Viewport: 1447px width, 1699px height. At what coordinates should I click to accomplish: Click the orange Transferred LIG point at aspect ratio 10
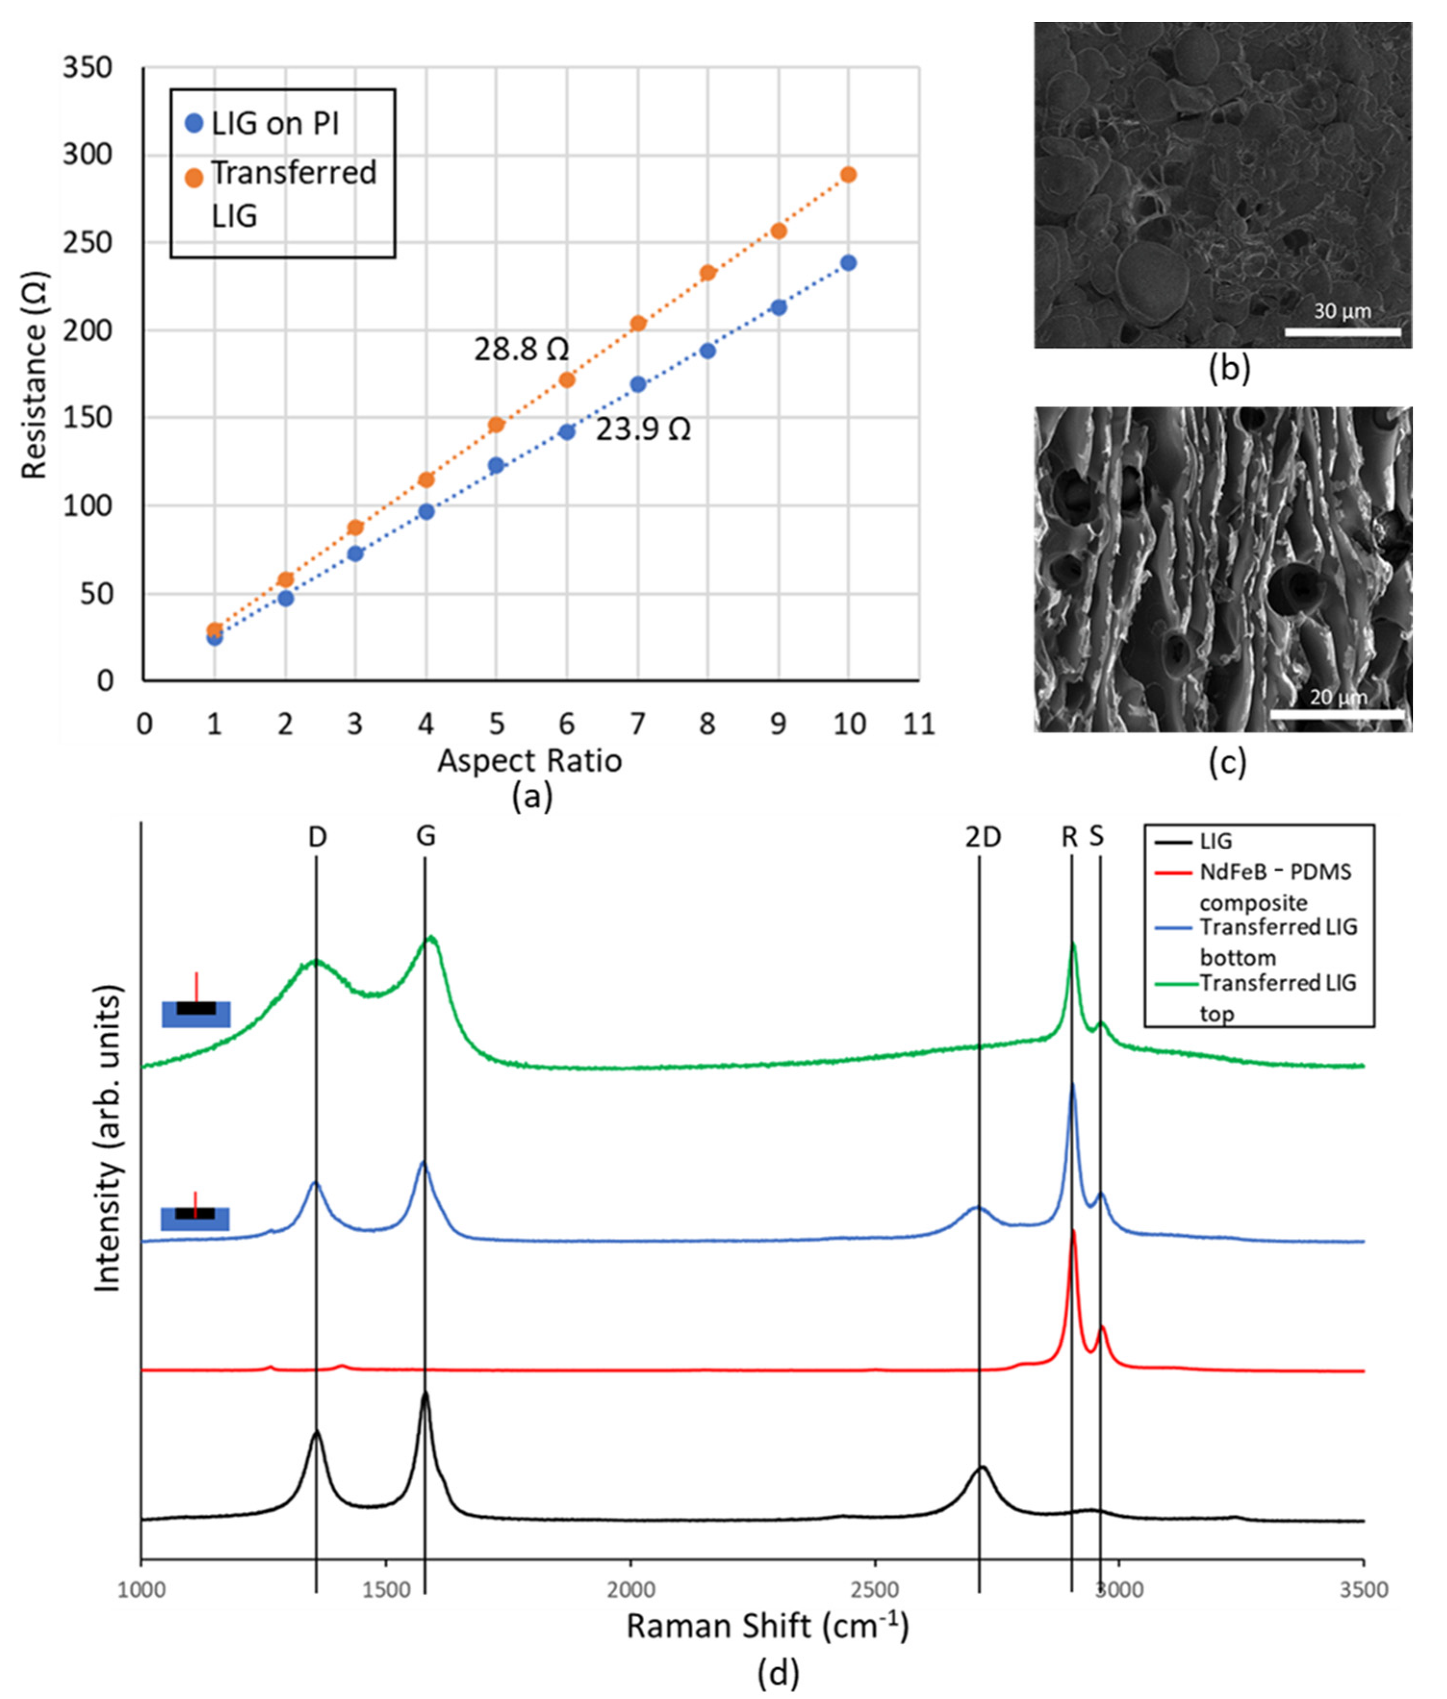coord(848,175)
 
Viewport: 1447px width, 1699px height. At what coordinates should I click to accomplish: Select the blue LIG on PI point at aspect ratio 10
coord(848,263)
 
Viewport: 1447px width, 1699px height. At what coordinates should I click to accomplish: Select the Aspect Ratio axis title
coord(530,761)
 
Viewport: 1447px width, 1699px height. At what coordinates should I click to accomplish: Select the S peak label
coord(1097,837)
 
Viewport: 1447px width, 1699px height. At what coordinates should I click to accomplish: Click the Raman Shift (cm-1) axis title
coord(768,1626)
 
